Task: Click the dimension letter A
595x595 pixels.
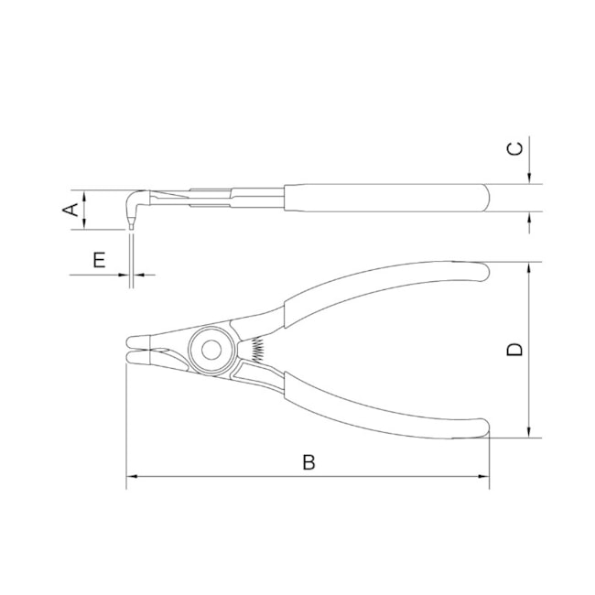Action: click(x=70, y=210)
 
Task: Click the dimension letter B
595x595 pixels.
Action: click(x=308, y=462)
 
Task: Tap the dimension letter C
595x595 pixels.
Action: click(x=515, y=148)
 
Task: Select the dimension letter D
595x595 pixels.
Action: click(x=515, y=350)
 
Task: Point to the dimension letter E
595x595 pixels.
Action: click(x=100, y=260)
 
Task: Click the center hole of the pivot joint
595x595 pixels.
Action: click(x=211, y=350)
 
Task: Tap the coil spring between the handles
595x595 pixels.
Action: click(x=258, y=349)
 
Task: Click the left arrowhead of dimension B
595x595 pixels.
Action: click(x=131, y=476)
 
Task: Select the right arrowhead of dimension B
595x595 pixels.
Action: click(x=484, y=476)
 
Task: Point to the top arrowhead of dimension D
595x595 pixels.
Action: click(x=529, y=267)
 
